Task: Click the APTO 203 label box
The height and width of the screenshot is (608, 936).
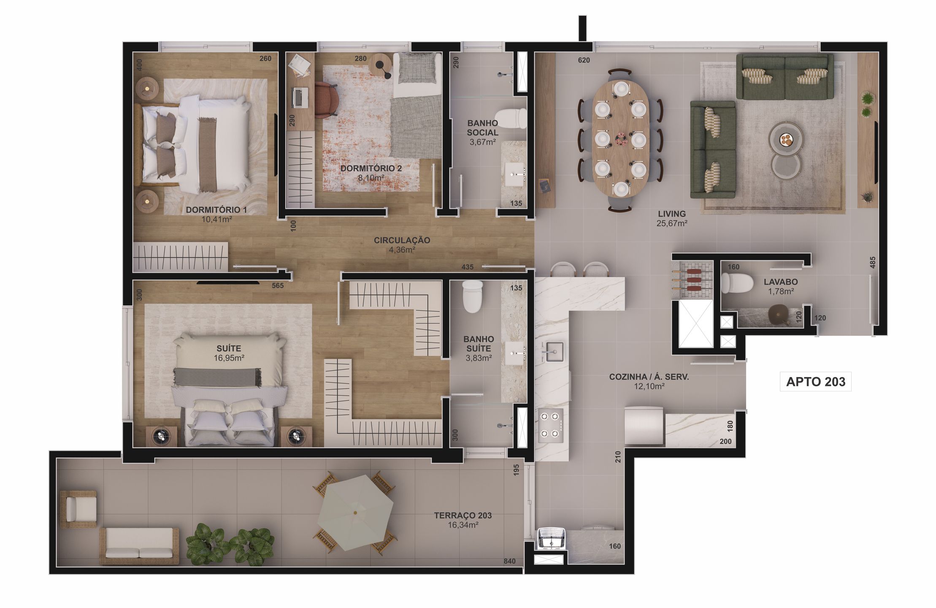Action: click(x=815, y=382)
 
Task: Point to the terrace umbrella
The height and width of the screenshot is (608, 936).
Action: click(x=355, y=512)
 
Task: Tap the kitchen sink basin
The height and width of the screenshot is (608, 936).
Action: click(x=554, y=351)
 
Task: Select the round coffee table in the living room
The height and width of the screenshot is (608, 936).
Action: click(x=786, y=139)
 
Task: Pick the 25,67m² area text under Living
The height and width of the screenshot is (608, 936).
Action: click(x=672, y=223)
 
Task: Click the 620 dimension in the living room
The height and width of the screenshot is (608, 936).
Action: click(x=584, y=60)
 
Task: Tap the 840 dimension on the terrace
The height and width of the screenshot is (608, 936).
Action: click(x=509, y=561)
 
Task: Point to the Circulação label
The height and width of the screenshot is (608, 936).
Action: click(x=402, y=240)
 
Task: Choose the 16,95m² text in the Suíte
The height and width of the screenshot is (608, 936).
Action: click(x=229, y=358)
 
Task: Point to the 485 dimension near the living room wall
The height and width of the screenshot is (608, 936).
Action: click(x=873, y=262)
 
